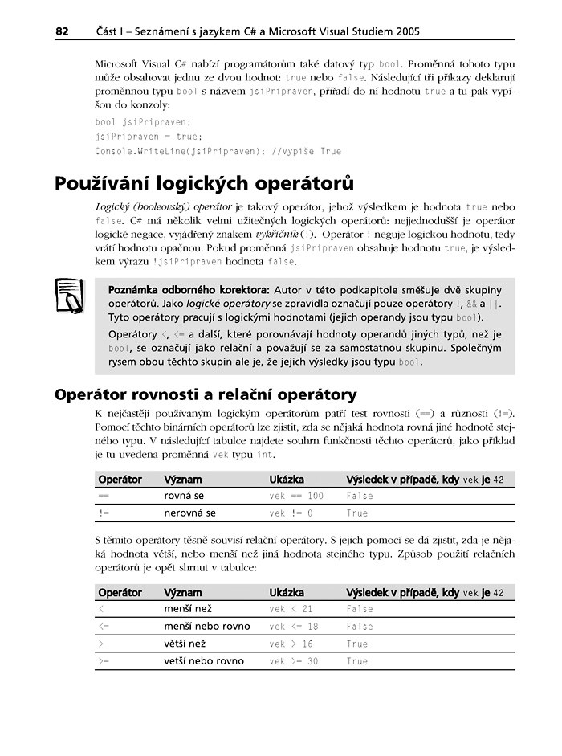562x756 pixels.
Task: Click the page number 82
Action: click(x=61, y=31)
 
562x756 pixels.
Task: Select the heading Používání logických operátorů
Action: click(x=204, y=184)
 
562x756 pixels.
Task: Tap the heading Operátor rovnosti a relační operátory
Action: click(x=205, y=394)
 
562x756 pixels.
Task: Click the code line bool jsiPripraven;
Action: click(x=143, y=122)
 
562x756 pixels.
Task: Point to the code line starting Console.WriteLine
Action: click(x=218, y=151)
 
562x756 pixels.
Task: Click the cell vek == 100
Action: click(x=296, y=497)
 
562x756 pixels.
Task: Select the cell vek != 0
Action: click(x=291, y=513)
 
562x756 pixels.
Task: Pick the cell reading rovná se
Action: click(x=184, y=497)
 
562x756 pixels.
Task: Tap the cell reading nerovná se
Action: click(x=189, y=513)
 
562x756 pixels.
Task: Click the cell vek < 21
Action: click(x=291, y=610)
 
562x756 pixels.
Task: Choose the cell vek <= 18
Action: click(x=294, y=627)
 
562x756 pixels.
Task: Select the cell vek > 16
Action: click(x=291, y=644)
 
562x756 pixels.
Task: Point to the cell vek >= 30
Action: click(x=294, y=661)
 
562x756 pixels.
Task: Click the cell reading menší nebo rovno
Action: click(x=207, y=627)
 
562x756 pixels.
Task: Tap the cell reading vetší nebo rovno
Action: click(x=204, y=661)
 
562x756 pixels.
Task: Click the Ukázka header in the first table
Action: click(x=287, y=480)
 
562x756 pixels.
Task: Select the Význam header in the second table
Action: click(x=183, y=593)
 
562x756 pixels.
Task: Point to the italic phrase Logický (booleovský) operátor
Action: click(x=164, y=206)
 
